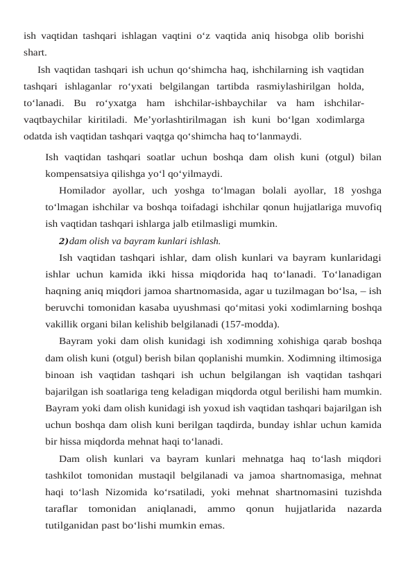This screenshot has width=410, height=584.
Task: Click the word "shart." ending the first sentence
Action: tap(35, 52)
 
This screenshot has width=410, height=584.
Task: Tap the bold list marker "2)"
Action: tap(64, 241)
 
